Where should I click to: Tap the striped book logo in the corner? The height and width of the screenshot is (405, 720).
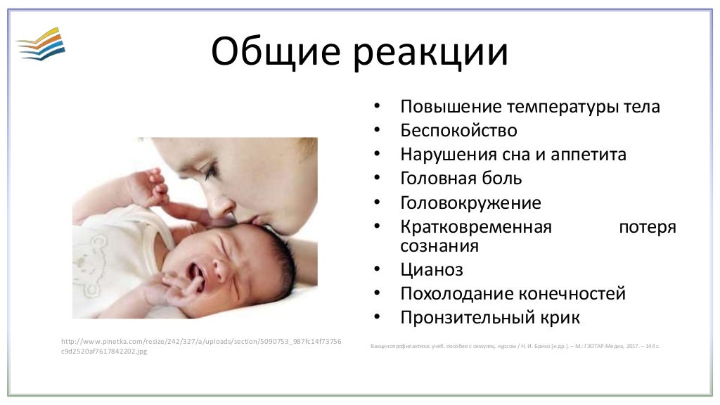[x=40, y=44]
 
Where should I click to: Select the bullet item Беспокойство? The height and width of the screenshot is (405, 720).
[x=458, y=131]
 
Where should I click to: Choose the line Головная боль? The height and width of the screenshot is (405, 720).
[x=461, y=179]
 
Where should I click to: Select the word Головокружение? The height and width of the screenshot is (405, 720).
[x=470, y=203]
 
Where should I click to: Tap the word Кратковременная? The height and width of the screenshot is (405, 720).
[x=476, y=227]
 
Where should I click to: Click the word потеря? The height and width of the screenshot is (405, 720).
[x=647, y=227]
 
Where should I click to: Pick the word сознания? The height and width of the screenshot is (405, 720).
[x=439, y=246]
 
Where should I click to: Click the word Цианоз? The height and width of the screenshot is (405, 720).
[x=432, y=270]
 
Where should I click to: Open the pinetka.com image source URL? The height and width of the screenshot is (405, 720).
[x=202, y=346]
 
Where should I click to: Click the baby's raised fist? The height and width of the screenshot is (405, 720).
[x=149, y=184]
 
